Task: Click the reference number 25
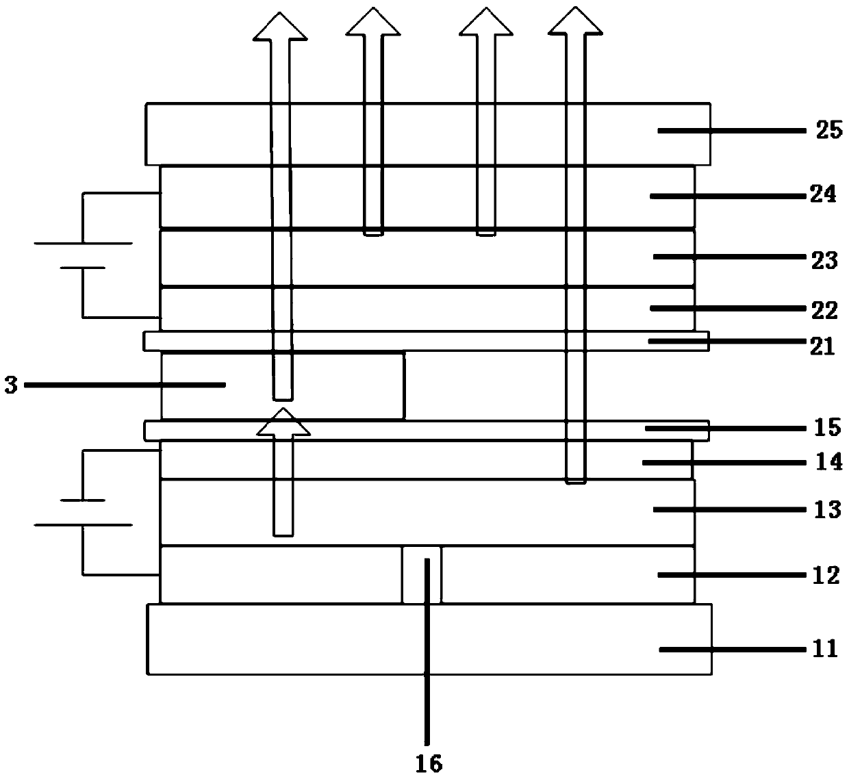click(x=828, y=129)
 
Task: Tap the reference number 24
click(x=823, y=195)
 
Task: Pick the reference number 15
click(x=828, y=427)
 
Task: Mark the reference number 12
click(x=826, y=575)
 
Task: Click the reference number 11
click(x=824, y=648)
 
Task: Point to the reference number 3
click(x=10, y=385)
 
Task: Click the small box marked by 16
click(x=422, y=574)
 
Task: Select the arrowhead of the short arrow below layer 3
click(x=283, y=422)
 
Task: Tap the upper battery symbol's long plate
click(x=83, y=243)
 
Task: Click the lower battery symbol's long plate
click(x=83, y=525)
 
